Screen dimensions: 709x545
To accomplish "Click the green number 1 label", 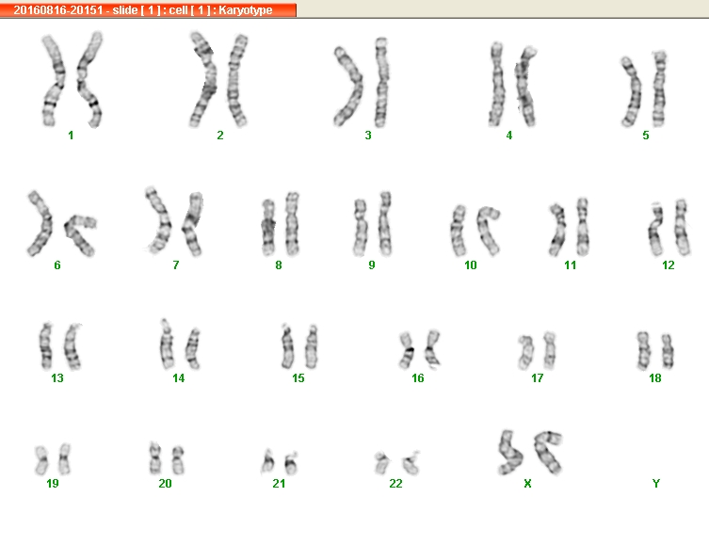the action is [71, 136].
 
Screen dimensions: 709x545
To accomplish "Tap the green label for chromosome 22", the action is [395, 484].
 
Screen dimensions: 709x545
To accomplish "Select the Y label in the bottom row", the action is [656, 484].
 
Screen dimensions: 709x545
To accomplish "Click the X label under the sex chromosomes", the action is [527, 484].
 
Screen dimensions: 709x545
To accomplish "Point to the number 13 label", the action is [57, 377].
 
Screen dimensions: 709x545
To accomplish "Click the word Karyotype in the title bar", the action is [246, 10].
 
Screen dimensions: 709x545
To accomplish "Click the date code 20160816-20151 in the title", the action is [58, 10].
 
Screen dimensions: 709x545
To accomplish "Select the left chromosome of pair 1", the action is [54, 80].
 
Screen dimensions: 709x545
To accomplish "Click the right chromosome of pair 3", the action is [381, 82].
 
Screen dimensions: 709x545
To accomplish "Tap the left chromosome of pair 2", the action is [204, 79].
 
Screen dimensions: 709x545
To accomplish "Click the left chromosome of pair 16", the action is [407, 350].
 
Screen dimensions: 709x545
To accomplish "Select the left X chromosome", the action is [510, 453].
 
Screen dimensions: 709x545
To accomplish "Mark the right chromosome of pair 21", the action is [290, 463].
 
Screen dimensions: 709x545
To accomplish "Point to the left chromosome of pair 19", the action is [41, 460].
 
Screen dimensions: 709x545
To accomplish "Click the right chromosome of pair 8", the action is [292, 224].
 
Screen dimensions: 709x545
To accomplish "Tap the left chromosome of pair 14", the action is [167, 345].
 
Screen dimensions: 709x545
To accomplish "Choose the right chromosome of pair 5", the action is [659, 89].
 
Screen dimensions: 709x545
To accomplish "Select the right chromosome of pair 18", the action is [668, 352].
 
